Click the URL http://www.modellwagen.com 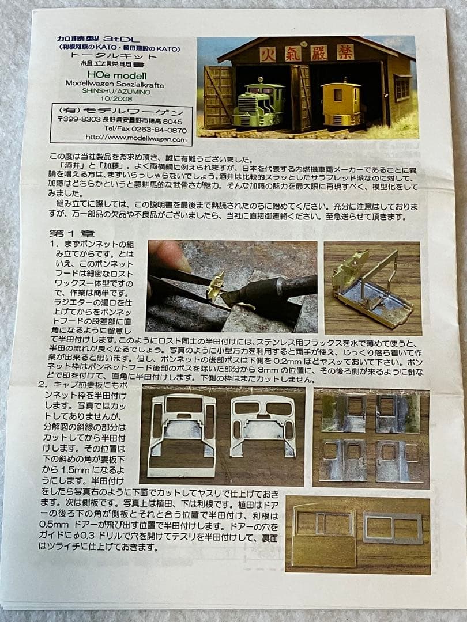(135, 138)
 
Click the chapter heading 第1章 (70, 233)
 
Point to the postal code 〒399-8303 (78, 122)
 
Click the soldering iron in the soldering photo (277, 291)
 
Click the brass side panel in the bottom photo (324, 534)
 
